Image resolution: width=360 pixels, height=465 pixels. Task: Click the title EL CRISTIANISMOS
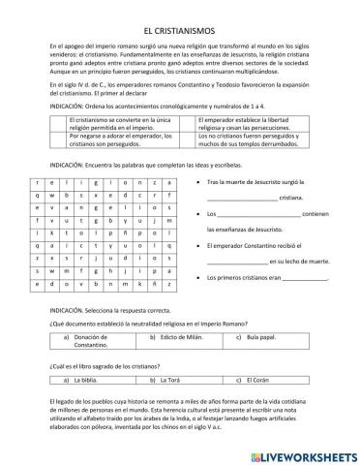[179, 31]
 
